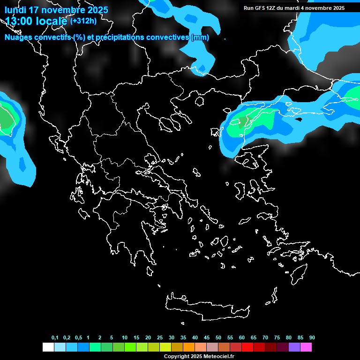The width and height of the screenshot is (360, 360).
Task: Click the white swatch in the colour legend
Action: pyautogui.click(x=48, y=347)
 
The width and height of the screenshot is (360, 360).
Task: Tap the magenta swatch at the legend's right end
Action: pyautogui.click(x=306, y=347)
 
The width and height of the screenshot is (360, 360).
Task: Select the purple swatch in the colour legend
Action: pyautogui.click(x=294, y=347)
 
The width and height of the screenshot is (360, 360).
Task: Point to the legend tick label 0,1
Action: pyautogui.click(x=55, y=337)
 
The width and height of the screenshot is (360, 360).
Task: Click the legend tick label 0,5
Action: pyautogui.click(x=78, y=337)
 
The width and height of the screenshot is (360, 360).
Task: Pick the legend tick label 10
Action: pyautogui.click(x=124, y=337)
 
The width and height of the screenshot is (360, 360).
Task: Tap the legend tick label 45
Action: pyautogui.click(x=207, y=337)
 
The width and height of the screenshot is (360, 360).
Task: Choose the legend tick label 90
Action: pyautogui.click(x=312, y=337)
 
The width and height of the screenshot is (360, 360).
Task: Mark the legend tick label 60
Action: pyautogui.click(x=242, y=337)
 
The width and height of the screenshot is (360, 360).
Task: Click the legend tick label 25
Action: pyautogui.click(x=160, y=337)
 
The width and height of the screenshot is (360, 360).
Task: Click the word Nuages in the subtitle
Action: pyautogui.click(x=18, y=37)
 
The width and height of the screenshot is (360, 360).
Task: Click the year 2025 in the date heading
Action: pyautogui.click(x=97, y=10)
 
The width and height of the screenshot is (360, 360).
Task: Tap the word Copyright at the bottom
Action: pyautogui.click(x=176, y=357)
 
